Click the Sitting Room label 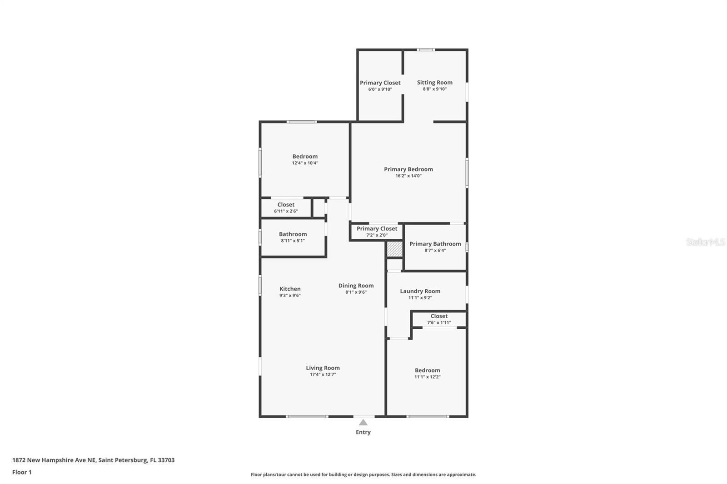coord(434,82)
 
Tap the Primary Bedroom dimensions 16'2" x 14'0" coord(408,176)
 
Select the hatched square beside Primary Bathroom coord(395,249)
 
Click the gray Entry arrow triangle coord(363,422)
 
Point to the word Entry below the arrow coord(363,432)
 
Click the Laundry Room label coord(420,291)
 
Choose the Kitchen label coord(290,289)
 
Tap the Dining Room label coord(356,286)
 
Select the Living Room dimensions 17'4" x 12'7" coord(323,375)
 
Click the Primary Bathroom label coord(435,244)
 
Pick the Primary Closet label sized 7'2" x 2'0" coord(377,229)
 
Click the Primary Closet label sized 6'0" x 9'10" coord(380,83)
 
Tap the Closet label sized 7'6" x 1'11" coord(439,316)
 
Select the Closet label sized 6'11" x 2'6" coord(286,205)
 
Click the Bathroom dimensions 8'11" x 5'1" coord(293,241)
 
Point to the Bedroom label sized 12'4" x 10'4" coord(305,156)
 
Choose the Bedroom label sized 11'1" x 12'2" coord(428,370)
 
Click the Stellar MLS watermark coord(706,242)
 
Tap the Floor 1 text coord(22,472)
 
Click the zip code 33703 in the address coord(166,460)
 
